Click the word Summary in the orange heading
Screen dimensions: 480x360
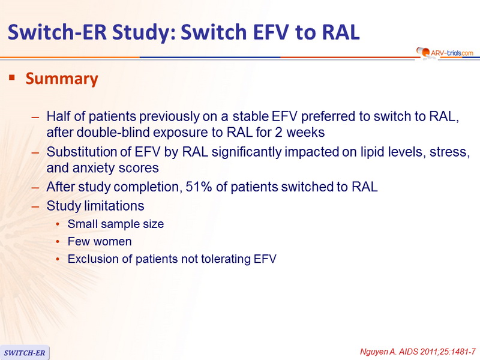[x=62, y=79]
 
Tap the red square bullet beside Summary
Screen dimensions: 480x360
[x=12, y=77]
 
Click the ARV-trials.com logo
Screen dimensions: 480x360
[x=445, y=53]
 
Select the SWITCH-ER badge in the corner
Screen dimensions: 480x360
[x=25, y=353]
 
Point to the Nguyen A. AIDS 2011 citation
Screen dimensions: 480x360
[x=418, y=352]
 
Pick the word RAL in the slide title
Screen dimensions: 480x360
[x=340, y=32]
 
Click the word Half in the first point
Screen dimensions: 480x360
[x=59, y=116]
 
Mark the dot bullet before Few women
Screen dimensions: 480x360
[x=58, y=242]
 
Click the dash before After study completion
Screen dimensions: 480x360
[x=35, y=187]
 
